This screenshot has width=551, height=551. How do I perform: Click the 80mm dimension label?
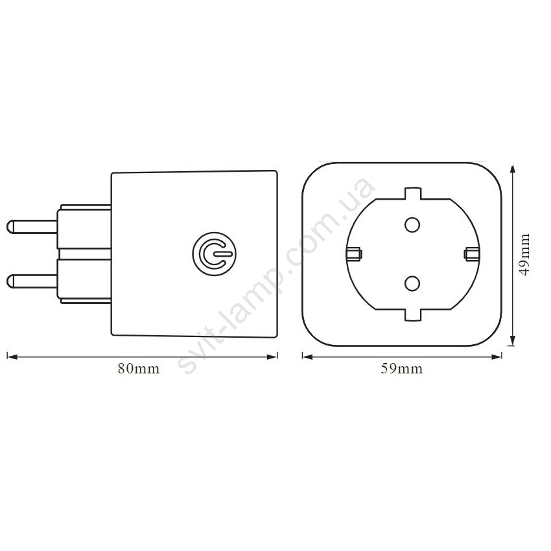pos(139,369)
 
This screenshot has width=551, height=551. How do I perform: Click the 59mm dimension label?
pos(402,369)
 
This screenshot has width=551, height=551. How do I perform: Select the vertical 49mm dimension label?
pos(524,254)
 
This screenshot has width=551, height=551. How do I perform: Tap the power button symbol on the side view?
pos(214,253)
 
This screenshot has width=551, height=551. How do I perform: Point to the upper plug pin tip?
pos(9,227)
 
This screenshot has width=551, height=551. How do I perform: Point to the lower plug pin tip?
pos(9,281)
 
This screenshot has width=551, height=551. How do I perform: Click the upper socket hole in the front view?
pos(412,224)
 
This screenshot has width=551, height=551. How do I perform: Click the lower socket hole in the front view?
pos(412,283)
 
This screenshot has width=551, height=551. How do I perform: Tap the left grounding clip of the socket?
pos(354,253)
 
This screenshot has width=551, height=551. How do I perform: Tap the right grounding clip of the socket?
pos(471,253)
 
